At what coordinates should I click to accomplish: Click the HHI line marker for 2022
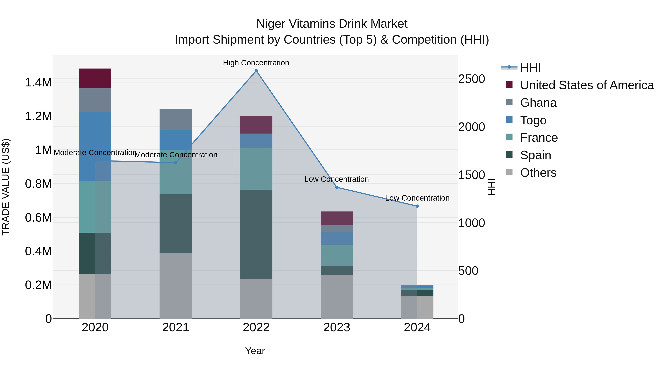click(256, 71)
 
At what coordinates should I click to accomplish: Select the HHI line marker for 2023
click(337, 187)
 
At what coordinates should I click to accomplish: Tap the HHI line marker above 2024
click(417, 206)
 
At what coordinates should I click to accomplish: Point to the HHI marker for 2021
click(176, 163)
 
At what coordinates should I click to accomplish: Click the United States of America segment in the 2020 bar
click(95, 78)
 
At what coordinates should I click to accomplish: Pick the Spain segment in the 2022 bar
click(256, 234)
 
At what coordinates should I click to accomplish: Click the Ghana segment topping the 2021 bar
click(176, 119)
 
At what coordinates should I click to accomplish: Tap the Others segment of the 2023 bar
click(337, 297)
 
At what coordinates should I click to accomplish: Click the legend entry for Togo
click(533, 120)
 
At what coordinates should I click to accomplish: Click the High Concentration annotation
click(256, 63)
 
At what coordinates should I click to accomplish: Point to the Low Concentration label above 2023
click(336, 179)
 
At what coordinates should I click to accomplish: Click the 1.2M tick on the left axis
click(38, 116)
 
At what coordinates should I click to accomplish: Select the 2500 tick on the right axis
click(471, 79)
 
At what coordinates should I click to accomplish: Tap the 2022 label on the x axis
click(256, 327)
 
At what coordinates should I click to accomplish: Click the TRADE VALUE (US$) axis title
click(6, 187)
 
